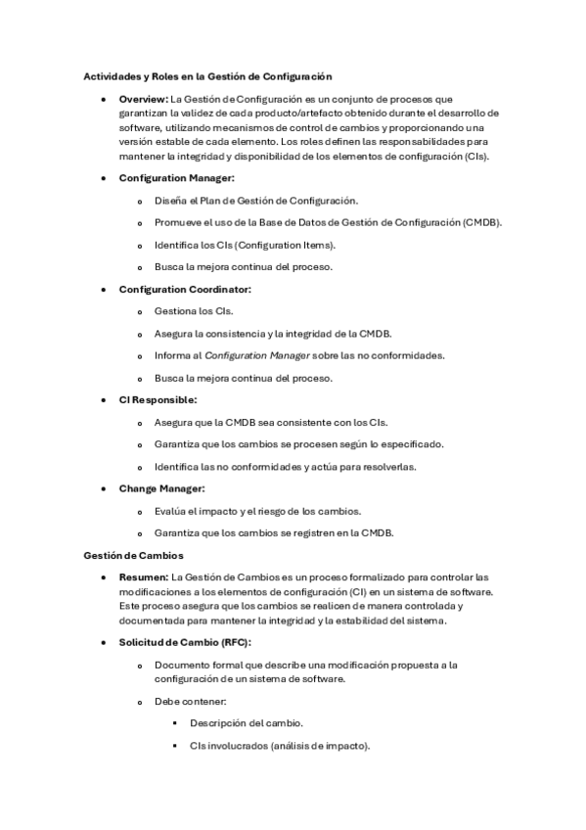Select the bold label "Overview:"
[x=144, y=99]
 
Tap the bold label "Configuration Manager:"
[x=177, y=177]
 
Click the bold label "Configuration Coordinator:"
[x=185, y=289]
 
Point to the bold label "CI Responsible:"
[x=158, y=400]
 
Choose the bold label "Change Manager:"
[x=161, y=488]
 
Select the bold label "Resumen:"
[x=143, y=577]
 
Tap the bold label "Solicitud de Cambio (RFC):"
[x=185, y=641]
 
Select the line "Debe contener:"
[x=190, y=701]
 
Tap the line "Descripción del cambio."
[x=247, y=723]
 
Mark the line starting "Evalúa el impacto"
[x=258, y=511]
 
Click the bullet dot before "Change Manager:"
[x=105, y=488]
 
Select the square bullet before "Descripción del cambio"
[x=174, y=723]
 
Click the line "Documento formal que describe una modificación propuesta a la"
[x=306, y=665]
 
